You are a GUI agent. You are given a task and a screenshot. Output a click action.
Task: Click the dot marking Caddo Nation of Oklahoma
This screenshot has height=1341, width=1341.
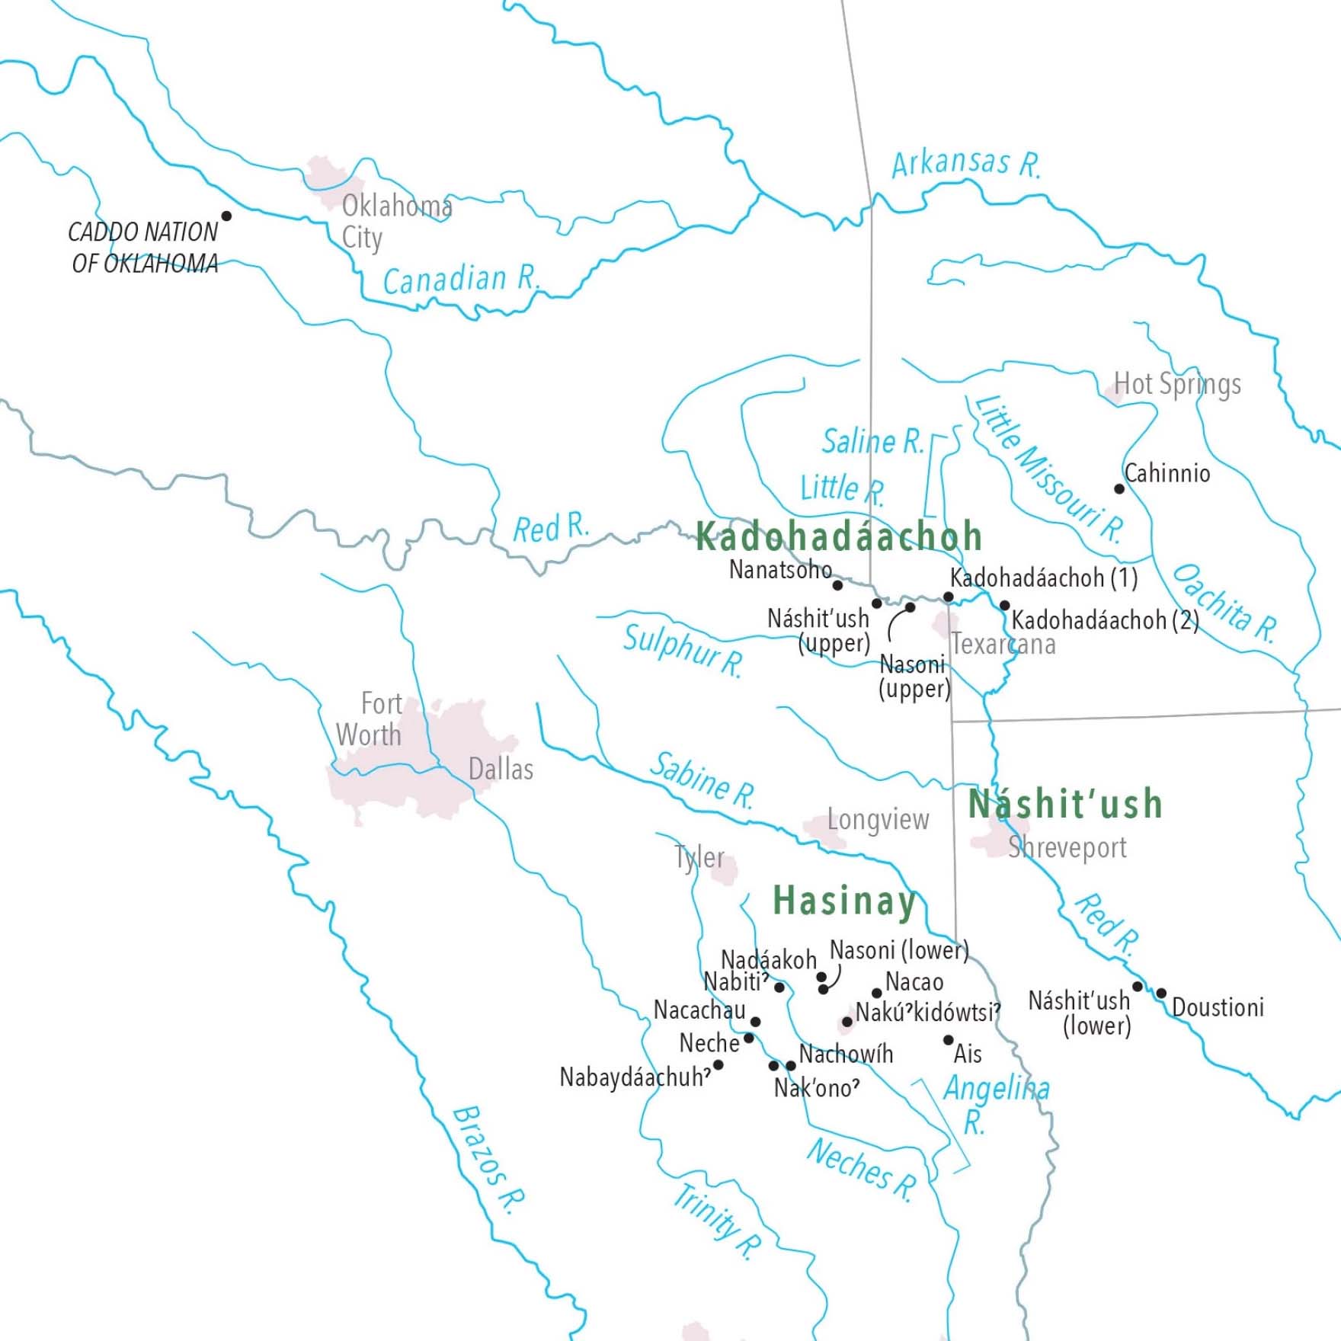[226, 216]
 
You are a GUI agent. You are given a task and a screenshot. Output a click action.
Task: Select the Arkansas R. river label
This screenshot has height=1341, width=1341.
[965, 163]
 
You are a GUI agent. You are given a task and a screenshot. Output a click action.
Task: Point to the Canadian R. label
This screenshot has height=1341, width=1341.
[460, 280]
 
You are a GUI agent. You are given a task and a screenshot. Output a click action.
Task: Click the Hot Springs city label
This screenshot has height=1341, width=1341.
[1177, 384]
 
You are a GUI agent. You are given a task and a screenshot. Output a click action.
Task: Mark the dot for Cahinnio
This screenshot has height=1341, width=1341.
[1119, 488]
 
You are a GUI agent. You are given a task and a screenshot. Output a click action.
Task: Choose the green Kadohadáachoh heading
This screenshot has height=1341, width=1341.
[838, 536]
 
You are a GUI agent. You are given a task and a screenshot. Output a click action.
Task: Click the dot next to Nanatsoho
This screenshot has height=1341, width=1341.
[837, 585]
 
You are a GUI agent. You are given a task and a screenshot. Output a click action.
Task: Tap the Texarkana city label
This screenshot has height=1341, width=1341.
[1003, 645]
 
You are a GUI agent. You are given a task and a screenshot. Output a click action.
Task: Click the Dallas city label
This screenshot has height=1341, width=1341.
[501, 770]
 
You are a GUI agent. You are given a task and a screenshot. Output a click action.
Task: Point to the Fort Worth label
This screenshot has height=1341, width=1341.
[370, 719]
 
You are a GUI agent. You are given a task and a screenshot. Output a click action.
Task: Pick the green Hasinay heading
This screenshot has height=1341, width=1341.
[844, 901]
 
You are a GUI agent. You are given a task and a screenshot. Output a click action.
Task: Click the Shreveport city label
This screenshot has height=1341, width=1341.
[1067, 847]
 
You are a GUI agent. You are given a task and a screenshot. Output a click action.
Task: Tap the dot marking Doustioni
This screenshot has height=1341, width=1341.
[1161, 994]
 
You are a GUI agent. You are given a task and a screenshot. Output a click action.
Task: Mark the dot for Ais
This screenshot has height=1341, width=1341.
[949, 1040]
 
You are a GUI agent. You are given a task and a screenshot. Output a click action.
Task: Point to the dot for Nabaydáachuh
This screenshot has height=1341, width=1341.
[718, 1064]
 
